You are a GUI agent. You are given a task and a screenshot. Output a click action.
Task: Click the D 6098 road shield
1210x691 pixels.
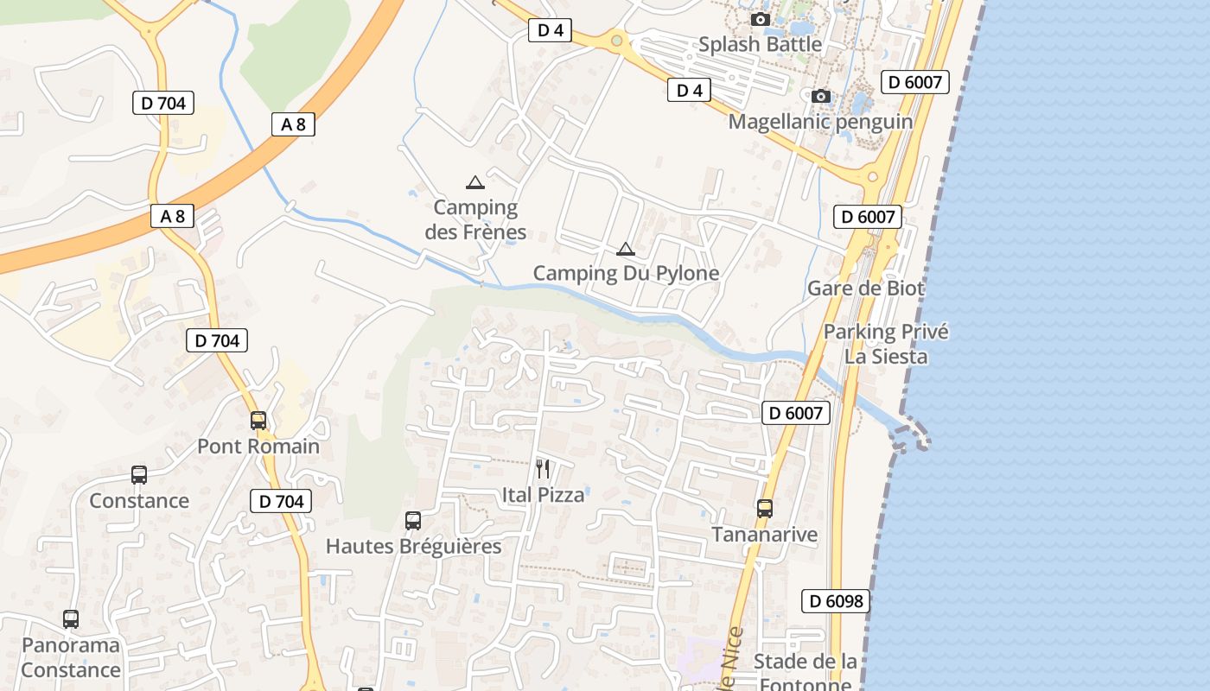(837, 601)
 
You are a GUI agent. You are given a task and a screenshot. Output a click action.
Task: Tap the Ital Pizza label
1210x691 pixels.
(543, 495)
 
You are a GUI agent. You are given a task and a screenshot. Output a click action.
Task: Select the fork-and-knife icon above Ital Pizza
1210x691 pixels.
(543, 469)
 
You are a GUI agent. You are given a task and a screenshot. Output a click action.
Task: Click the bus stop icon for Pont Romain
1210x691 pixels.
(258, 421)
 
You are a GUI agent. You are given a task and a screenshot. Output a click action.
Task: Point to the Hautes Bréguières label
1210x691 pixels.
(413, 547)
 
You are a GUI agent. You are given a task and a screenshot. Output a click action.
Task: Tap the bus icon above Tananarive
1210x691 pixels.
(765, 509)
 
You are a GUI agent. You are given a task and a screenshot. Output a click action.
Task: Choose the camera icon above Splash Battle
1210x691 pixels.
(761, 19)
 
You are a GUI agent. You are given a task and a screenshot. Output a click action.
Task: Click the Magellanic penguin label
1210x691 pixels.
(820, 121)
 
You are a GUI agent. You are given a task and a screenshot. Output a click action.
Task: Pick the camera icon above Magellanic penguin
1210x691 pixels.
(821, 96)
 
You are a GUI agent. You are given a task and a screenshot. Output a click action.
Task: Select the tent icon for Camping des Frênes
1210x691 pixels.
(474, 182)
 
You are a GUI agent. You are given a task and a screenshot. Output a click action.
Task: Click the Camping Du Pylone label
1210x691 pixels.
(626, 274)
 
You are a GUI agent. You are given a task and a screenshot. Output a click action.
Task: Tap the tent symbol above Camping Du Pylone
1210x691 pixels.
(626, 250)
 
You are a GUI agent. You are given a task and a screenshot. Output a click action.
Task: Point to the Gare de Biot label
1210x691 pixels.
(866, 288)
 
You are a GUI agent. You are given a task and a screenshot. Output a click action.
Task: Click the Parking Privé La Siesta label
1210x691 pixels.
(886, 344)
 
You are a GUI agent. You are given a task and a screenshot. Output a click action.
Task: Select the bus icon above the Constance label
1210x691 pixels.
(139, 475)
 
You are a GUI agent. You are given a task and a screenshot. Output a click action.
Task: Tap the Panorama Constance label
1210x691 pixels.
(71, 657)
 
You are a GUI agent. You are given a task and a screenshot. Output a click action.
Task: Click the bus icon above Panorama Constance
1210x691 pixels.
(71, 619)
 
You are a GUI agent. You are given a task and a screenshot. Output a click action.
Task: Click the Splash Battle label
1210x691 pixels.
(760, 44)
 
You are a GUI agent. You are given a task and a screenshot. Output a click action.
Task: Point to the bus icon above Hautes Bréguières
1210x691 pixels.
(413, 521)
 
